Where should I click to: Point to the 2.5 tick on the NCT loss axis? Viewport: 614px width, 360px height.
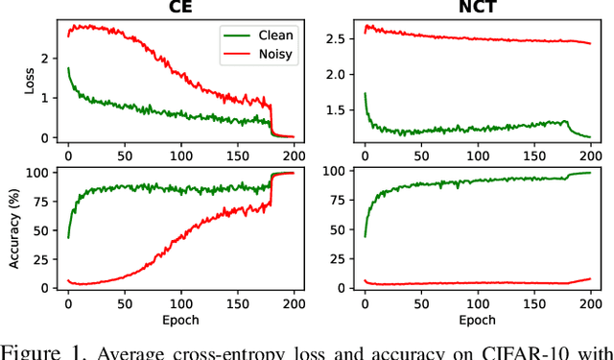(x=340, y=38)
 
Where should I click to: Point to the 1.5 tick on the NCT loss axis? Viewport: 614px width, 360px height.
(x=340, y=111)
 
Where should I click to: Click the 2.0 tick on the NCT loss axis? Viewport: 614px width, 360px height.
(x=340, y=75)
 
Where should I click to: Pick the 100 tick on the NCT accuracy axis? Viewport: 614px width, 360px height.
(x=336, y=172)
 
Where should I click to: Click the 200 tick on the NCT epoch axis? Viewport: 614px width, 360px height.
(x=587, y=302)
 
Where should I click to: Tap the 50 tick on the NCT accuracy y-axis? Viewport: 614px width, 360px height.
(x=340, y=229)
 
